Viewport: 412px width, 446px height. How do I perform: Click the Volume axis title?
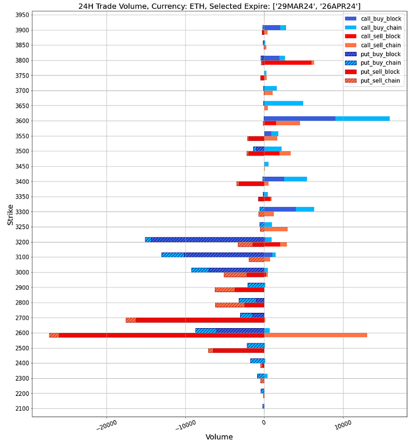(x=219, y=437)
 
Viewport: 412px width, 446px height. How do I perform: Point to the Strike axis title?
(x=10, y=215)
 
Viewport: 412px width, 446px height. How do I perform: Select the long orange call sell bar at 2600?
(x=318, y=335)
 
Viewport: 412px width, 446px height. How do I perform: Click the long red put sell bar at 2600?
(x=159, y=335)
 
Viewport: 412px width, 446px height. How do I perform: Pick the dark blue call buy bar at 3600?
(x=300, y=118)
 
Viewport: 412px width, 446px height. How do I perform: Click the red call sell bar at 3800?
(x=288, y=62)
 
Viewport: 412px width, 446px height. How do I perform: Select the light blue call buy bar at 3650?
(x=284, y=103)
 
